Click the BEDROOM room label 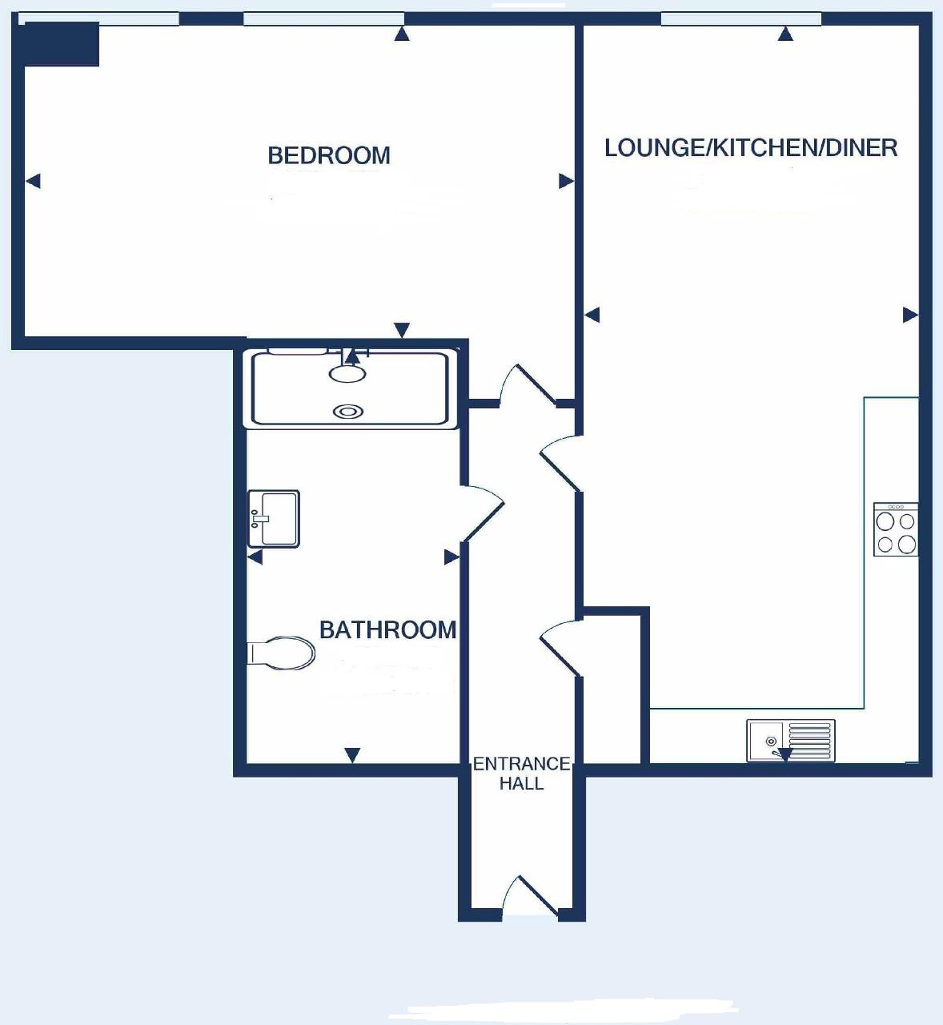click(x=329, y=155)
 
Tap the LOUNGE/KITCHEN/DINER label click(x=751, y=148)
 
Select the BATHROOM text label click(x=387, y=630)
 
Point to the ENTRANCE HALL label click(x=522, y=774)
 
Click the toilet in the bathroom click(x=281, y=653)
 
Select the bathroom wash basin click(x=273, y=519)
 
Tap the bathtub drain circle click(x=348, y=412)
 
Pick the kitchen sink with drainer click(x=791, y=741)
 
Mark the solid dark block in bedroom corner click(x=62, y=44)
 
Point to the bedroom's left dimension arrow click(x=33, y=181)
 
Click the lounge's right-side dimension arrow click(x=910, y=315)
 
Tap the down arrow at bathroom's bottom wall click(x=352, y=754)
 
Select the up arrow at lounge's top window click(x=785, y=34)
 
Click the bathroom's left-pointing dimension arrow click(x=255, y=557)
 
